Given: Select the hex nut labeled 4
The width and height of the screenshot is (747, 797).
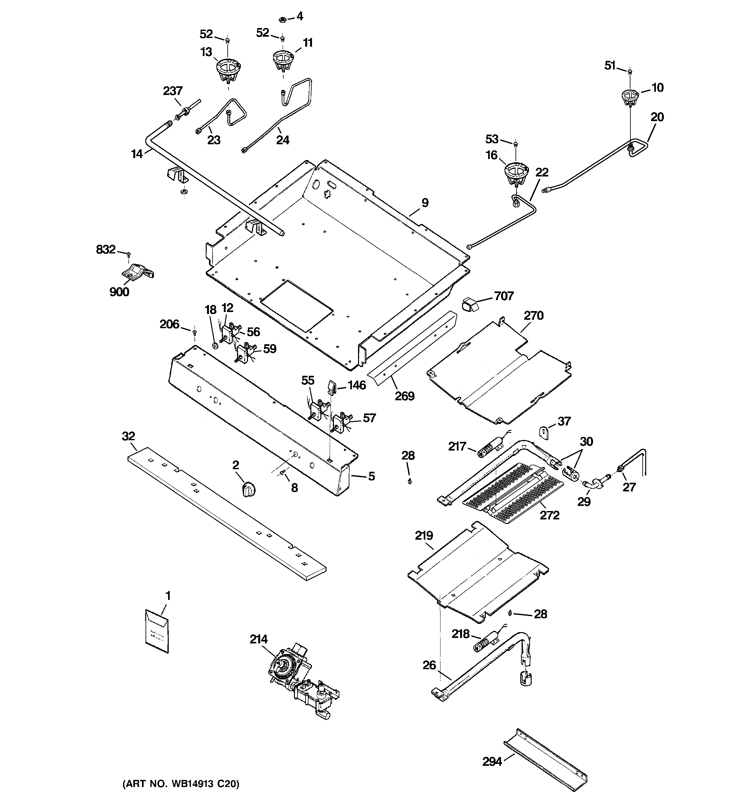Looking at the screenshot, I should [x=282, y=19].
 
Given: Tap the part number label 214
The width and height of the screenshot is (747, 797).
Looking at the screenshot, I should [x=258, y=639].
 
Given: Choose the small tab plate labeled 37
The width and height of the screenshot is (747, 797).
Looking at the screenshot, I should [x=543, y=433].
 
